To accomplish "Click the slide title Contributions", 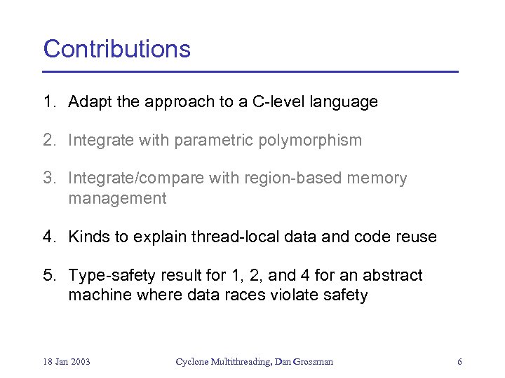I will pyautogui.click(x=117, y=49).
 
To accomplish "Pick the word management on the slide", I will pyautogui.click(x=117, y=199).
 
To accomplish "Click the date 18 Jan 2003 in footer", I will pyautogui.click(x=67, y=362).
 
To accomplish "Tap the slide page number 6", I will pyautogui.click(x=459, y=362).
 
